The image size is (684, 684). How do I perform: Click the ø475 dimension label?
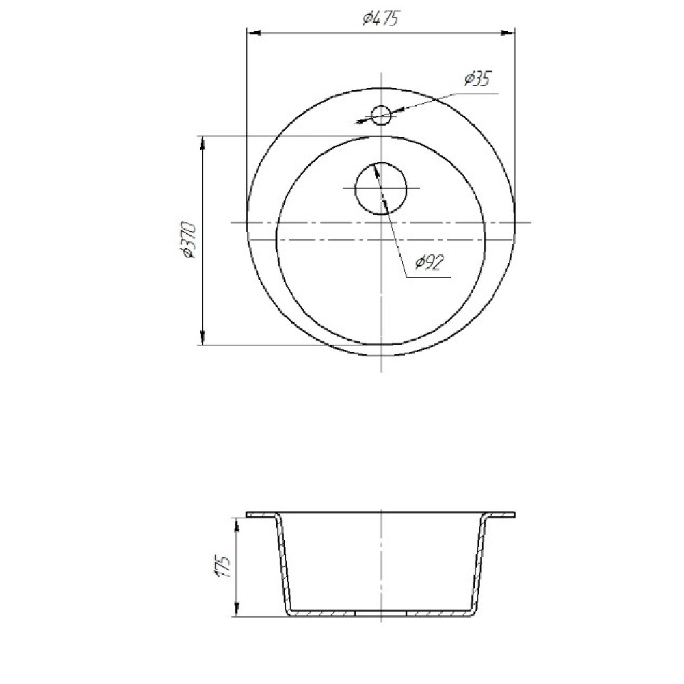tap(381, 18)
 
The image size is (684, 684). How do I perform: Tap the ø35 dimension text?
tap(477, 79)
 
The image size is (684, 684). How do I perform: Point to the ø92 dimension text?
tap(430, 263)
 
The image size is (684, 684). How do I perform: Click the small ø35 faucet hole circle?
tap(380, 116)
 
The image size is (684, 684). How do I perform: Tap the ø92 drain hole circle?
tap(381, 189)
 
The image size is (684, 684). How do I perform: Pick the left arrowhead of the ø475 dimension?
tap(254, 33)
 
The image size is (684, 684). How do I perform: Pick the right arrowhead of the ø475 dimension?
tap(508, 33)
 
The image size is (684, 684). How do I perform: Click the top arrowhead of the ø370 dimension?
tap(202, 144)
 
